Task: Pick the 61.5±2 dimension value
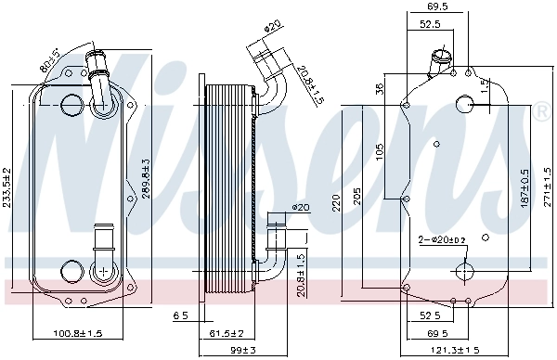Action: click(x=227, y=331)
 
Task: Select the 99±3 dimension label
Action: click(x=243, y=349)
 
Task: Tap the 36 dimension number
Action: click(x=381, y=90)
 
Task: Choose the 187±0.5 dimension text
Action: click(x=525, y=188)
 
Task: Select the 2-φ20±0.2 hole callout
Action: click(x=441, y=240)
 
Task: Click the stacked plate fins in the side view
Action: click(x=228, y=186)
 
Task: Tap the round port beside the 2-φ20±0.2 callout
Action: click(x=465, y=271)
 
